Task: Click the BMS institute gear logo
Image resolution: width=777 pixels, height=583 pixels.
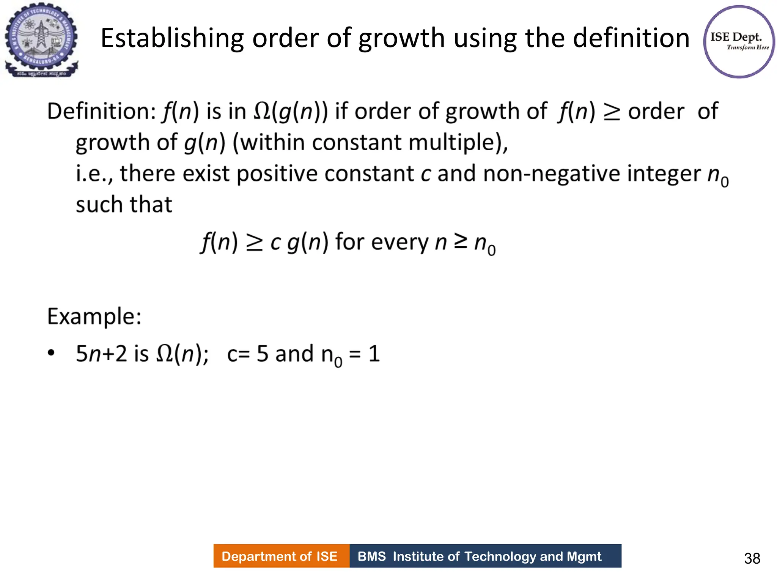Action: click(41, 40)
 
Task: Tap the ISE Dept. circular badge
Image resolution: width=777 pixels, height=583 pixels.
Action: click(739, 42)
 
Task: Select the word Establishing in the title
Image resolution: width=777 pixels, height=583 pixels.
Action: click(172, 38)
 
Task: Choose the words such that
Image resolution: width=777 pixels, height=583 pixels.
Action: click(124, 205)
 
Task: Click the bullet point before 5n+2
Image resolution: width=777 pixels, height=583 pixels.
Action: click(51, 353)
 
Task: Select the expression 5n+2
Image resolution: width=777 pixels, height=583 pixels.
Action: click(101, 354)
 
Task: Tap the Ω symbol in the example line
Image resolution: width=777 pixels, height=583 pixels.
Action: click(164, 354)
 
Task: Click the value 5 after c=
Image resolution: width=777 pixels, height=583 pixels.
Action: click(263, 354)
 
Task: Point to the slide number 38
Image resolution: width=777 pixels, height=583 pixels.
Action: click(752, 558)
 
